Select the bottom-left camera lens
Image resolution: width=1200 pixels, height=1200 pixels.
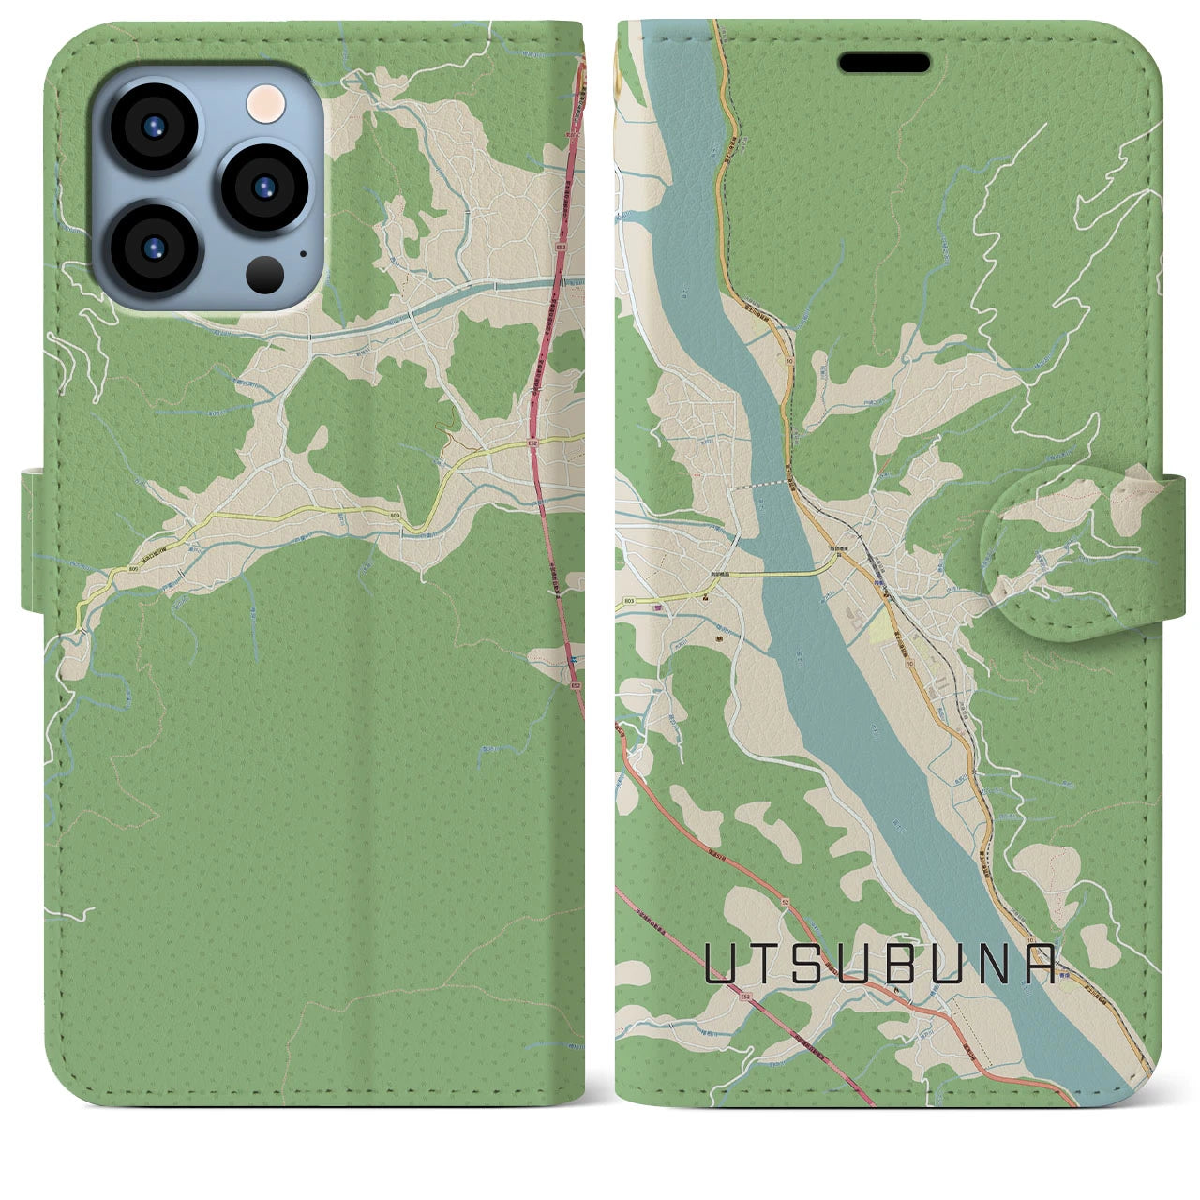(x=153, y=247)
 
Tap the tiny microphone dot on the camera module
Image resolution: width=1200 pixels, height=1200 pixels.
(x=302, y=252)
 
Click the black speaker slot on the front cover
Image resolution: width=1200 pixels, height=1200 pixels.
(x=884, y=63)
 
